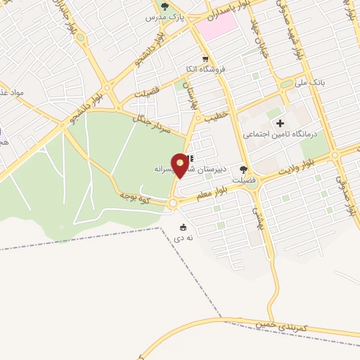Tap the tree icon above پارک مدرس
165,6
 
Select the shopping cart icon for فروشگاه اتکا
205,59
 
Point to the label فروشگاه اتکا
205,69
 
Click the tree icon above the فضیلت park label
244,169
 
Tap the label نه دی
183,238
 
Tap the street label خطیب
216,115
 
